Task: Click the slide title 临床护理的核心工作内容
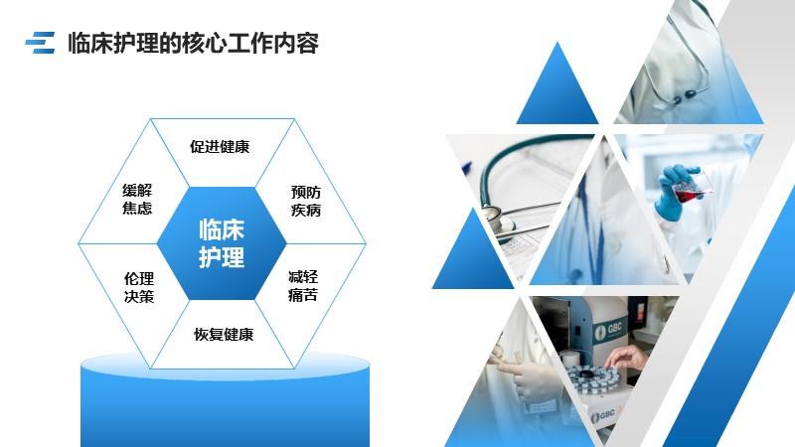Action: tap(193, 43)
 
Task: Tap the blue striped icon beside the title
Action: tap(40, 43)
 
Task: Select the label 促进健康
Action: tap(220, 146)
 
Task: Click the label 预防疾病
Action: tap(306, 201)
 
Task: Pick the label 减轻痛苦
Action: tap(303, 286)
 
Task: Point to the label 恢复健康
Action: tap(224, 334)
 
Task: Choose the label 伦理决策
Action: tap(139, 287)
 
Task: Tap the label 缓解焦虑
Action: tap(137, 200)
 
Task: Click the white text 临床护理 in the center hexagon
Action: tap(222, 243)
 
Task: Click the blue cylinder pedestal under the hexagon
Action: tap(226, 400)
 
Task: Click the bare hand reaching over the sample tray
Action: tap(627, 359)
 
